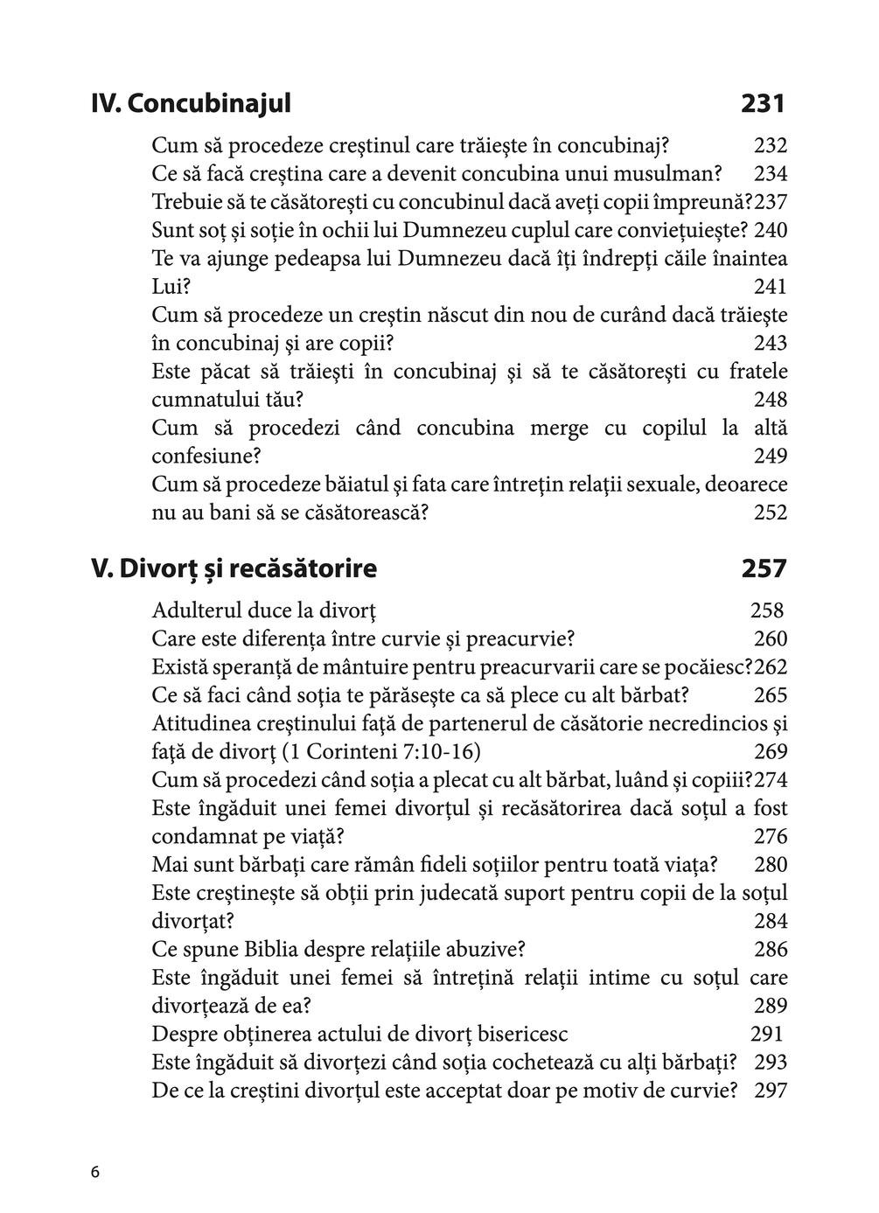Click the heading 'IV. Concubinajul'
tap(191, 104)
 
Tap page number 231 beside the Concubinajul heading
tap(763, 104)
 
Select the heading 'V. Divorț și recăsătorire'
tap(234, 568)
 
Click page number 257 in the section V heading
tap(764, 568)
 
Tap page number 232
tap(770, 146)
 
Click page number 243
tap(770, 344)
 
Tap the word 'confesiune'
tap(206, 457)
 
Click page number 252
tap(770, 512)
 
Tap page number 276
tap(770, 837)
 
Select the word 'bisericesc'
tap(523, 1035)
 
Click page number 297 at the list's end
tap(770, 1091)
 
